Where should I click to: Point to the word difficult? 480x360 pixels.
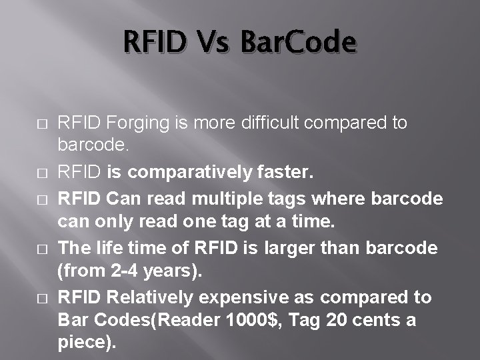[x=270, y=123]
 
